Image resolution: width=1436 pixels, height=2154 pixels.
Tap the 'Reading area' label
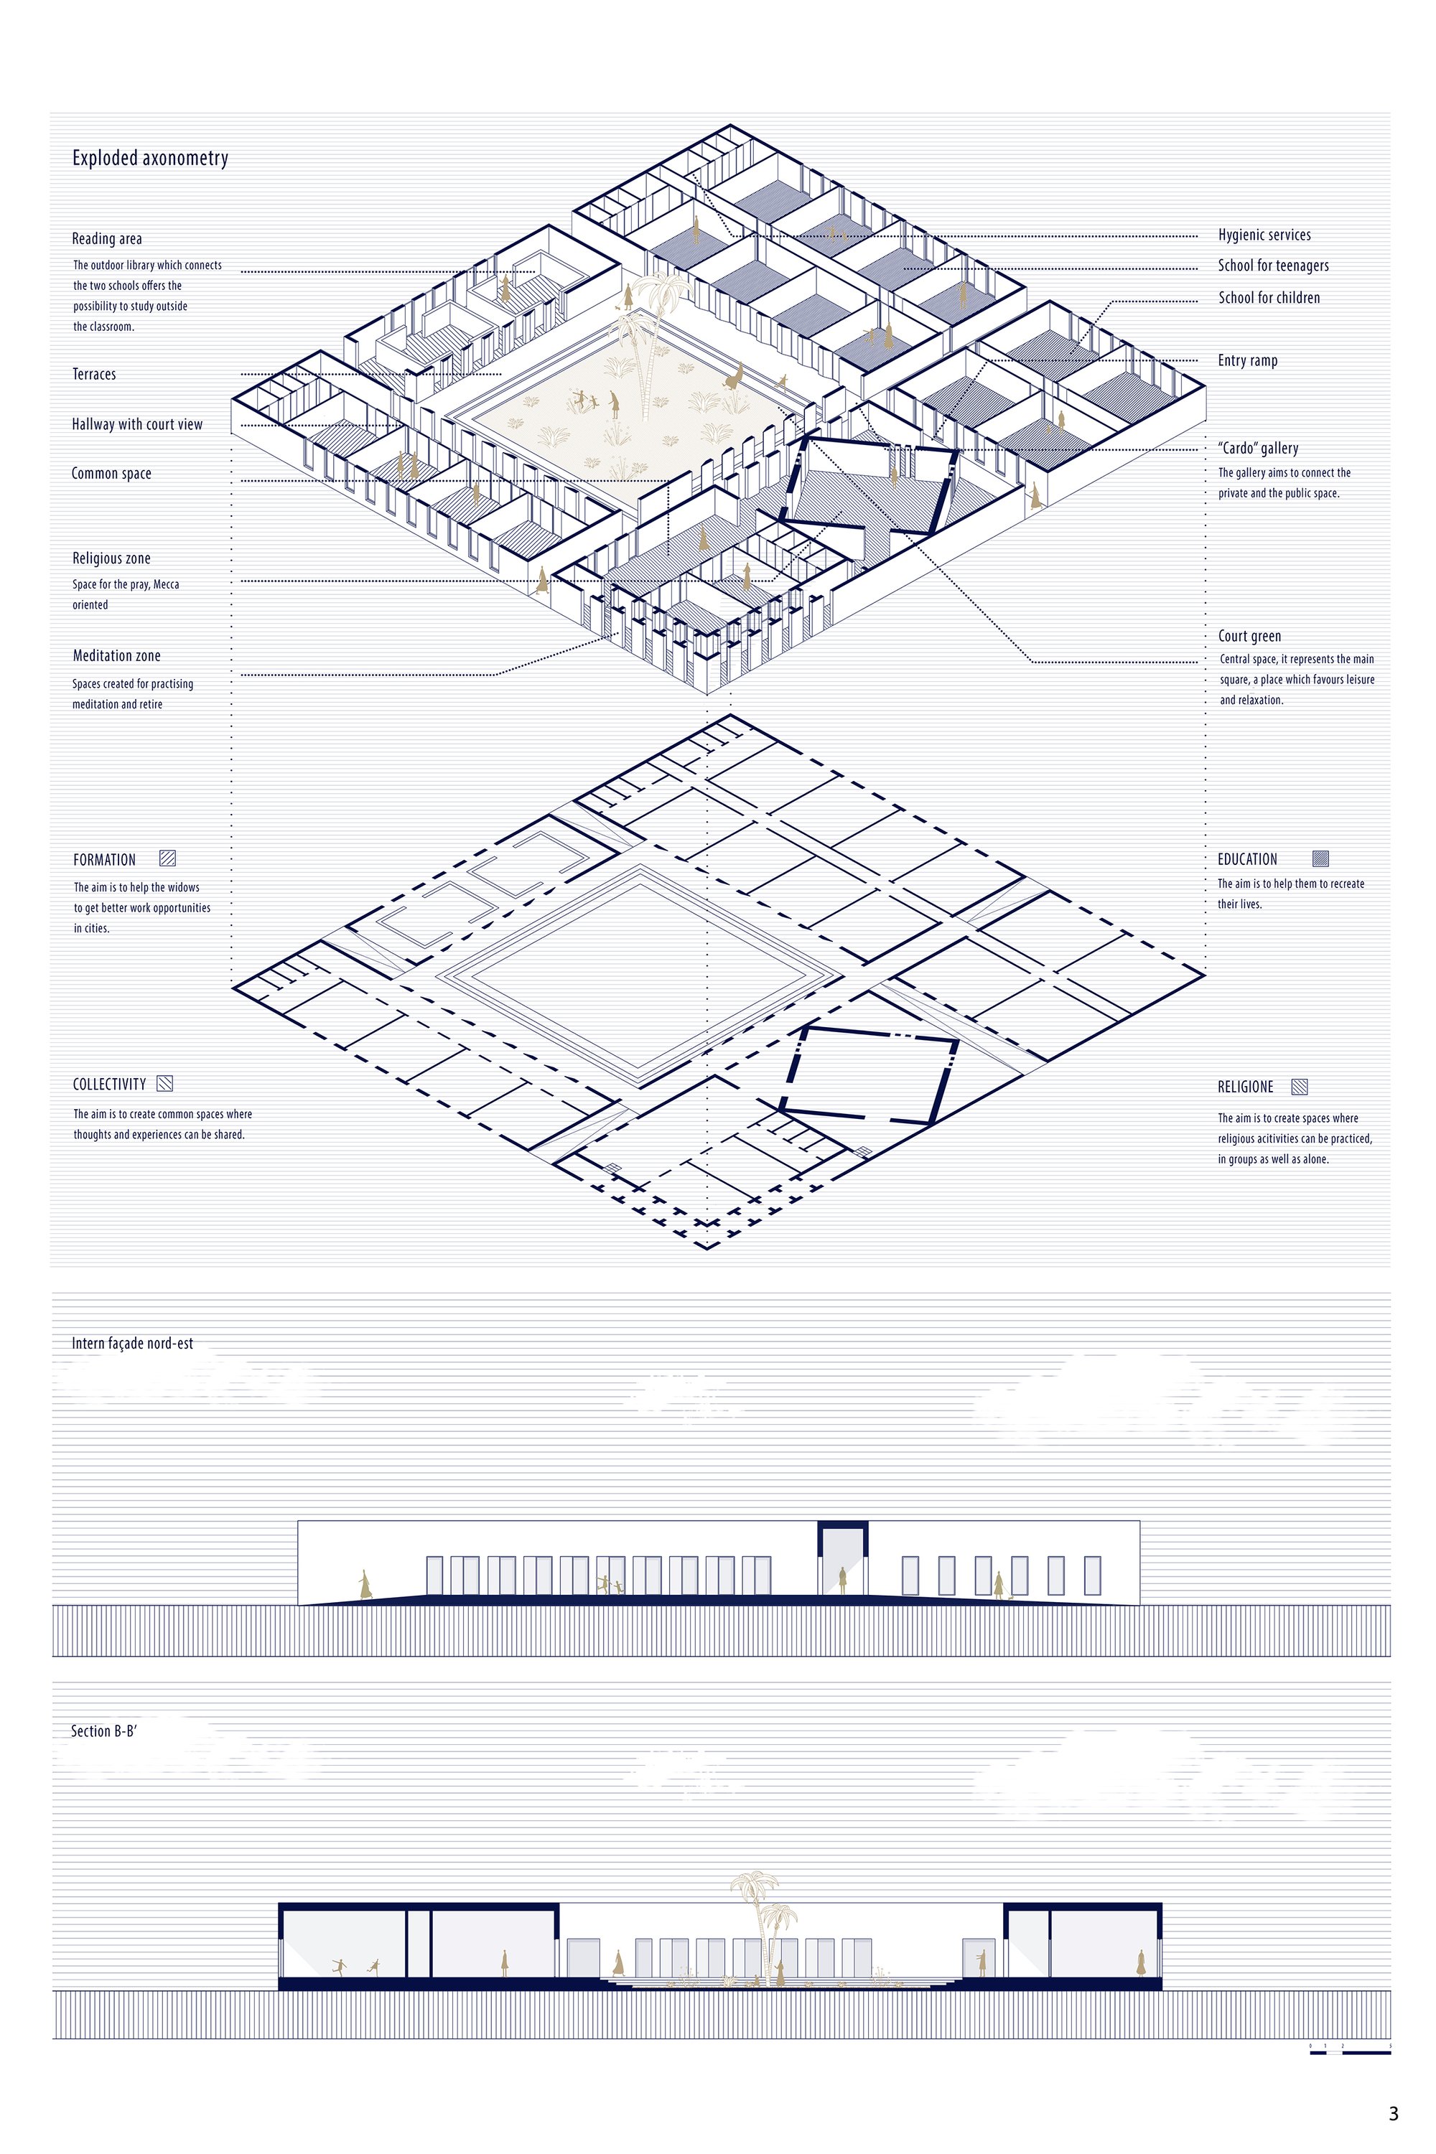coord(107,239)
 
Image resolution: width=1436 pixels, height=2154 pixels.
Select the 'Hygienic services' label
coord(1264,235)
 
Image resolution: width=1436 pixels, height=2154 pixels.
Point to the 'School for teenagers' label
coord(1273,266)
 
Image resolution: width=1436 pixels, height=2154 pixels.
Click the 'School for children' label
coord(1269,298)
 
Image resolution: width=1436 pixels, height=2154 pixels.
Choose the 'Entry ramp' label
coord(1247,361)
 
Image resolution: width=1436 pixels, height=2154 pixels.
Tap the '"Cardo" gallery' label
coord(1259,449)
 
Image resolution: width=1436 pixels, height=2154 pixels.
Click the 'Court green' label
coord(1249,636)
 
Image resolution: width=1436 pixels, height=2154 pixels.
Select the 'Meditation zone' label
coord(116,655)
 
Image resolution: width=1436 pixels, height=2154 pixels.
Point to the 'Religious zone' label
coord(111,558)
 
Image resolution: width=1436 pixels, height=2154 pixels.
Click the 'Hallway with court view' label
coord(137,424)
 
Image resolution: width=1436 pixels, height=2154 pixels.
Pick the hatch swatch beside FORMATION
coord(167,858)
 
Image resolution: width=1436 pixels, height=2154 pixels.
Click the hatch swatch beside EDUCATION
coord(1320,858)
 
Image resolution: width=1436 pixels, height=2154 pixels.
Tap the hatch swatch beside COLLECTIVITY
coord(165,1084)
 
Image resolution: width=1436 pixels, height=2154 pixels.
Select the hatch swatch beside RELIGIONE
coord(1300,1087)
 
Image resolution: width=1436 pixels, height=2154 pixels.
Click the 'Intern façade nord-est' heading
coord(133,1344)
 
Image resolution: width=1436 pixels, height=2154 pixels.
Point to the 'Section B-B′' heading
coord(104,1731)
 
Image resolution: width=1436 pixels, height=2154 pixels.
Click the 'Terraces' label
coord(94,375)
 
